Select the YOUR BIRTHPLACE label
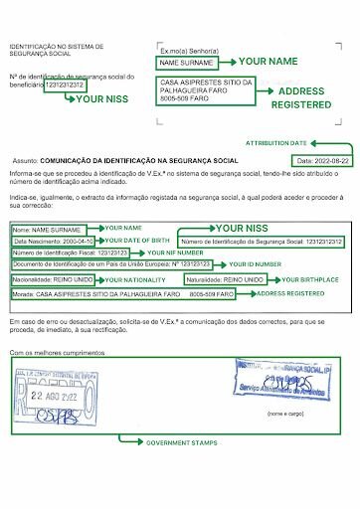tap(311, 281)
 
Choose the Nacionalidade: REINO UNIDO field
tap(52, 281)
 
